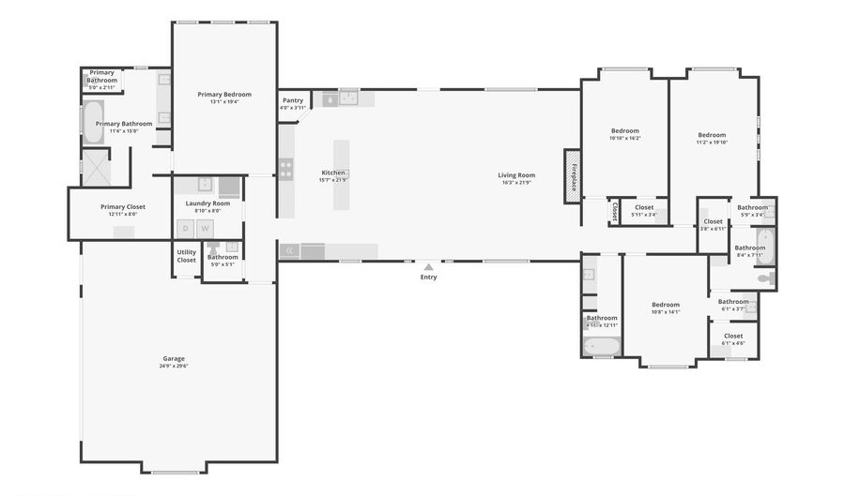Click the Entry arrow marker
428,266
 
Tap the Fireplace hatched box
573,175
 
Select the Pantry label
293,100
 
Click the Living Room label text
515,175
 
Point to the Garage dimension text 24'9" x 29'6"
174,367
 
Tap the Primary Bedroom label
224,94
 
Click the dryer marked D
186,228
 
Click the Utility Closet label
187,256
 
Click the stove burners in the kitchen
286,169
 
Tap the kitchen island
341,174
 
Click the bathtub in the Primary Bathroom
93,122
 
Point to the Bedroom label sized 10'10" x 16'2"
625,130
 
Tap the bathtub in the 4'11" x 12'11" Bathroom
601,346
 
